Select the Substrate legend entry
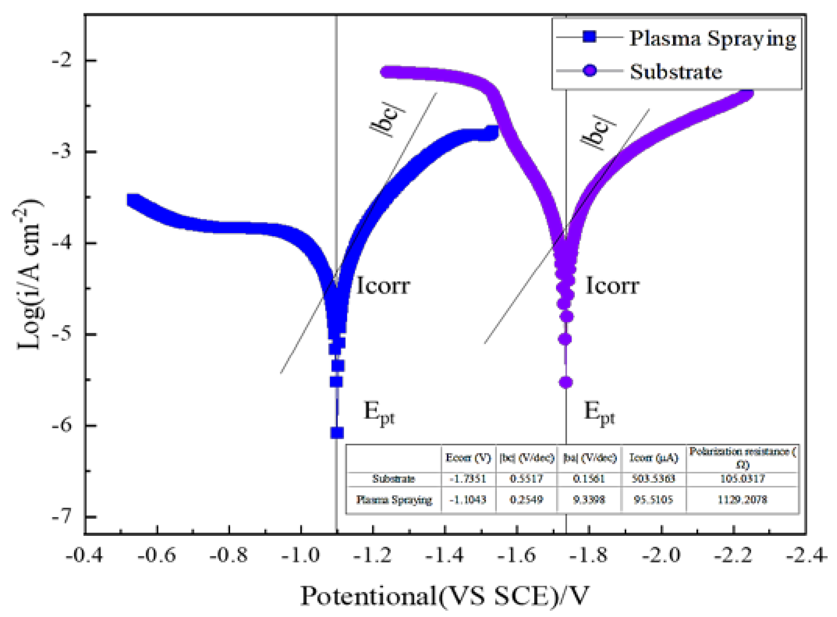tap(675, 71)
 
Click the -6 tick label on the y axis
tap(62, 425)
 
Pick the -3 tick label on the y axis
tap(62, 151)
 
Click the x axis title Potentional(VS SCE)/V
tap(444, 596)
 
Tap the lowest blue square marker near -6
tap(337, 433)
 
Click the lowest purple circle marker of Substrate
tap(566, 382)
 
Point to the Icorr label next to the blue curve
tap(383, 285)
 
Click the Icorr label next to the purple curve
tap(612, 285)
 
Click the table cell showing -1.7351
tap(468, 478)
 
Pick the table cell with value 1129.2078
tap(742, 499)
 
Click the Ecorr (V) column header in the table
tap(468, 457)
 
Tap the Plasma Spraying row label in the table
tap(394, 500)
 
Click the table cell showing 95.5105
tap(653, 499)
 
